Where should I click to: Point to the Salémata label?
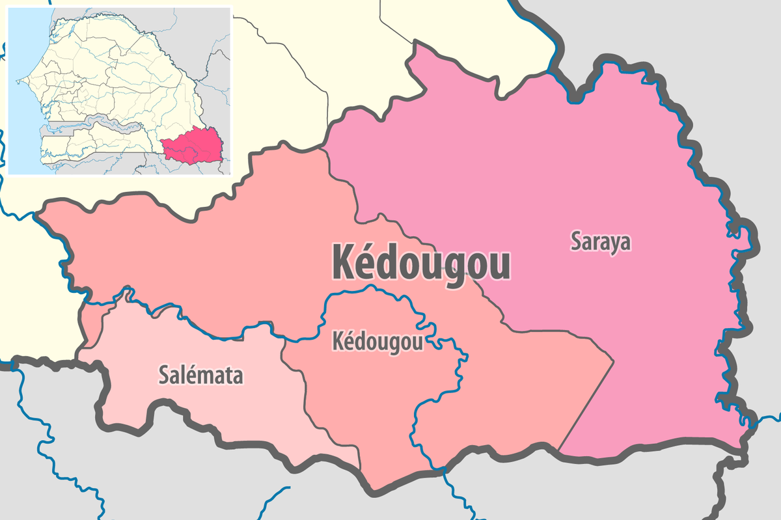(201, 376)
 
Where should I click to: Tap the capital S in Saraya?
(576, 241)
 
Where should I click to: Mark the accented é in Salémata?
(189, 375)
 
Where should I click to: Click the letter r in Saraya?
(596, 243)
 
